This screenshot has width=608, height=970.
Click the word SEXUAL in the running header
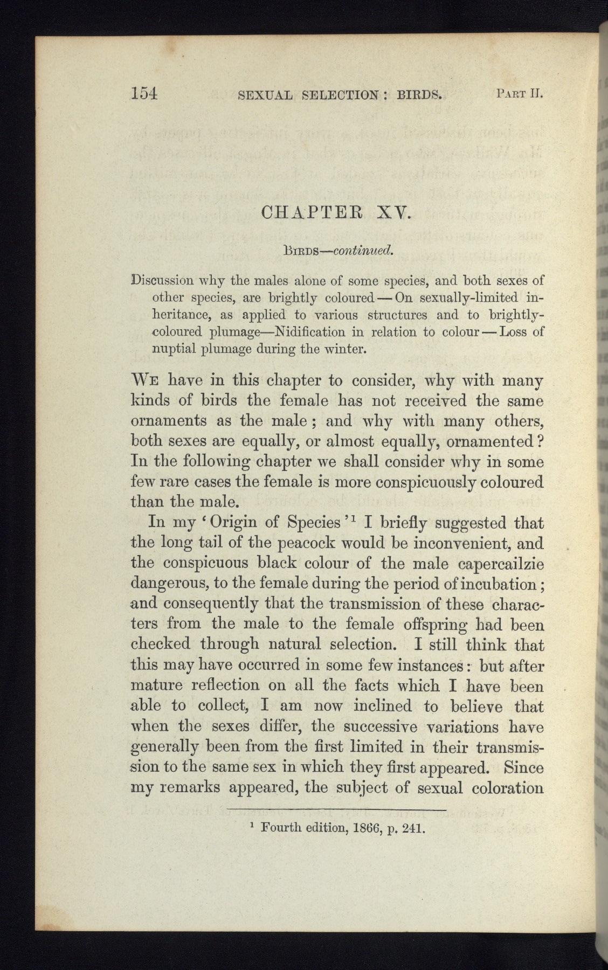point(265,95)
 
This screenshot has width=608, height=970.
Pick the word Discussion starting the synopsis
point(163,280)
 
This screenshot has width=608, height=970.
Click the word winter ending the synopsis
point(346,349)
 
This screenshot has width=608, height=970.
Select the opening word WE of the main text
point(146,380)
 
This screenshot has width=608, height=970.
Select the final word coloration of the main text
point(507,788)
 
